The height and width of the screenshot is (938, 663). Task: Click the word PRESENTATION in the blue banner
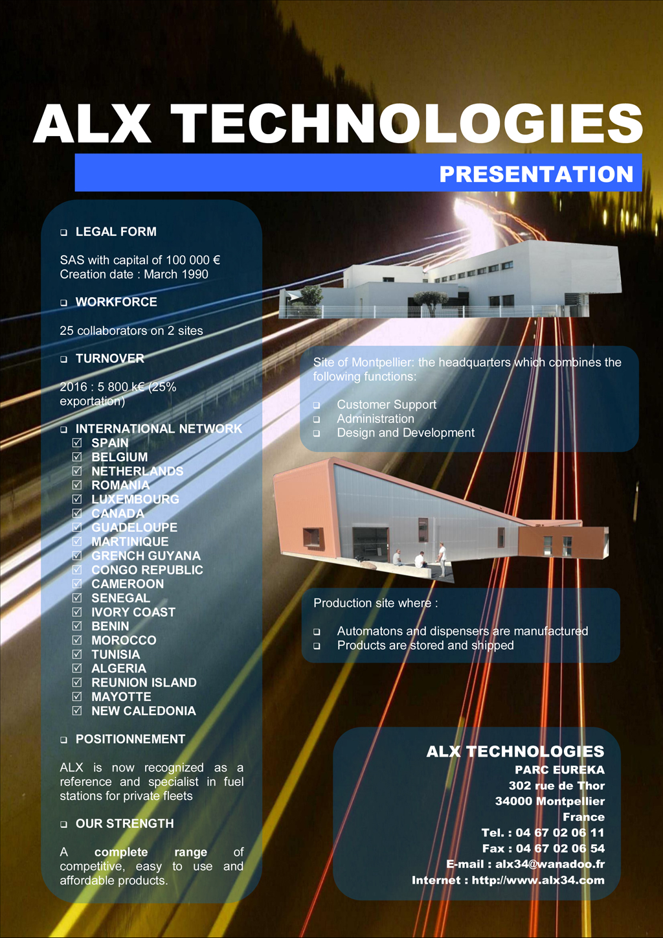536,174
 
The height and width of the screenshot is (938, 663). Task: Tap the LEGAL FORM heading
116,232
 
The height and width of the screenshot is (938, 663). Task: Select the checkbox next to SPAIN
77,443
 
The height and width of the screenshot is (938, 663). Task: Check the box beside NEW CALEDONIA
77,711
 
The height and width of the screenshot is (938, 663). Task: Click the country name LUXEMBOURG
135,499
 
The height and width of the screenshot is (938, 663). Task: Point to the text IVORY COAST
133,612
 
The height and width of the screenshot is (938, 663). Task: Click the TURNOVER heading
109,359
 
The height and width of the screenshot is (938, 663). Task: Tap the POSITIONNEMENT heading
130,739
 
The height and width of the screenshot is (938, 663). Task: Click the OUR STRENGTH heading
124,824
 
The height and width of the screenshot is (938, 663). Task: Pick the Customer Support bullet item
387,405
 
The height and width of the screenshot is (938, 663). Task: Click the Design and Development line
405,433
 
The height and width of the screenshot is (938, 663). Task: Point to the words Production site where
376,603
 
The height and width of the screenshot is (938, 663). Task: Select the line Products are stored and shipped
425,646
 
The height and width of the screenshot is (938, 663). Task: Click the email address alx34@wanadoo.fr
550,864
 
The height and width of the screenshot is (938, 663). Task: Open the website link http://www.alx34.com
538,880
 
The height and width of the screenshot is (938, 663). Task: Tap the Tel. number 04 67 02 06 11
560,833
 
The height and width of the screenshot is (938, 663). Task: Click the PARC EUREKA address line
559,770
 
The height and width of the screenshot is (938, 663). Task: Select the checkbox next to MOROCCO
77,640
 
